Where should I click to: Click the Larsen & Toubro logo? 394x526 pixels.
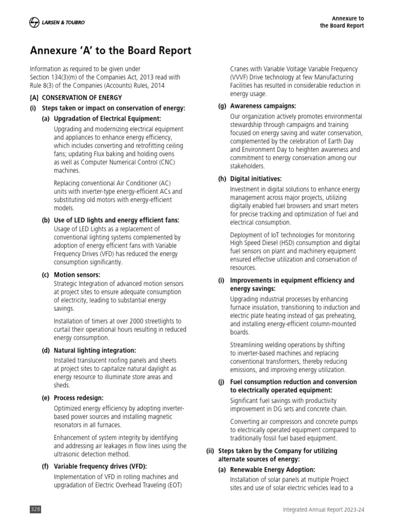pyautogui.click(x=57, y=22)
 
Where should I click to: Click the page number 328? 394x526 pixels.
pyautogui.click(x=35, y=509)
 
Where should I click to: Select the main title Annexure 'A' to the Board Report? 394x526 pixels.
pyautogui.click(x=111, y=50)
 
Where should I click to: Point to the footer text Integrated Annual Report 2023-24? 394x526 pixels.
pyautogui.click(x=323, y=509)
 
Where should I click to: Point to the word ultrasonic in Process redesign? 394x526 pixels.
pyautogui.click(x=69, y=454)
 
